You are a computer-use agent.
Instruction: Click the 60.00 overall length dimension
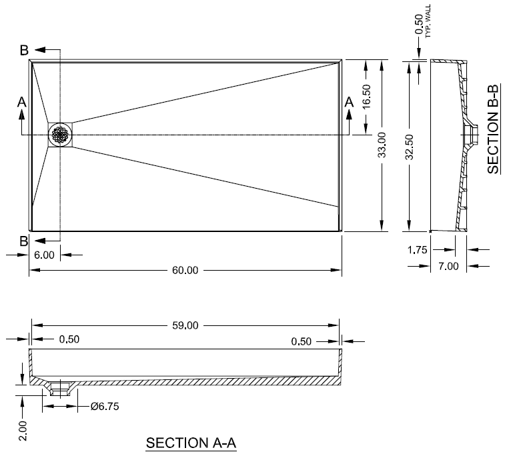pyautogui.click(x=185, y=270)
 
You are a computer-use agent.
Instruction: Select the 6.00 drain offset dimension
pyautogui.click(x=44, y=255)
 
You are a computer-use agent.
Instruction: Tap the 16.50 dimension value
pyautogui.click(x=366, y=98)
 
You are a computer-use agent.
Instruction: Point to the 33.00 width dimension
pyautogui.click(x=382, y=145)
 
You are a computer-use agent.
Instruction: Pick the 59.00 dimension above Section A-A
pyautogui.click(x=185, y=325)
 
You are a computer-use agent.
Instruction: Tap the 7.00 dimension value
pyautogui.click(x=449, y=267)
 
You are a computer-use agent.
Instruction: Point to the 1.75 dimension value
pyautogui.click(x=416, y=250)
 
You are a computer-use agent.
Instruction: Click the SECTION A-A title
pyautogui.click(x=191, y=443)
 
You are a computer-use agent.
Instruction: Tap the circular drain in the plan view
pyautogui.click(x=60, y=135)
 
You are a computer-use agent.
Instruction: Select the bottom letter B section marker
pyautogui.click(x=24, y=241)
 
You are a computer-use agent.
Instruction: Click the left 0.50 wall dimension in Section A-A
pyautogui.click(x=69, y=339)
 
